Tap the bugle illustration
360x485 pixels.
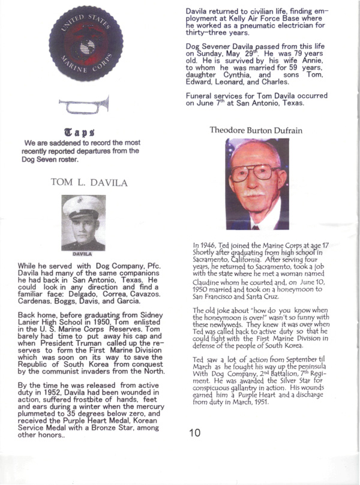(85, 107)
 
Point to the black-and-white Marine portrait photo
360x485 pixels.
(83, 222)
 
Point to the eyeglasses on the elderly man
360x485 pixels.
(256, 174)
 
